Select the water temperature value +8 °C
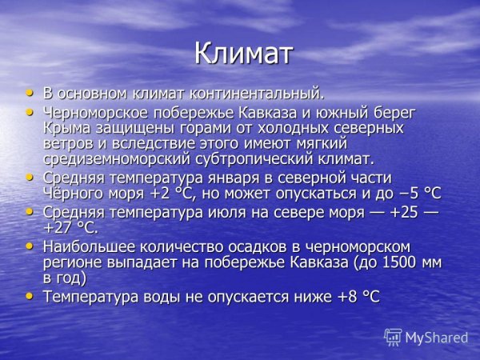[x=358, y=297]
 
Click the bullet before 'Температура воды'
[x=30, y=296]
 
